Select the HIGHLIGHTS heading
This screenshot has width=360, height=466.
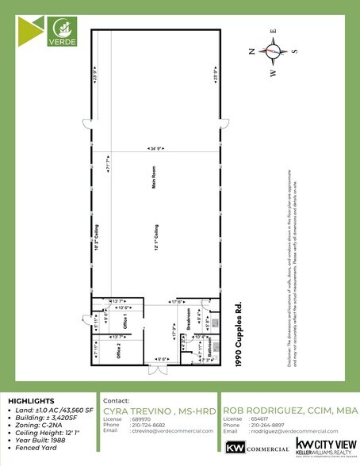click(32, 401)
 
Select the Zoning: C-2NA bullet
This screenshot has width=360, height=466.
click(38, 426)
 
